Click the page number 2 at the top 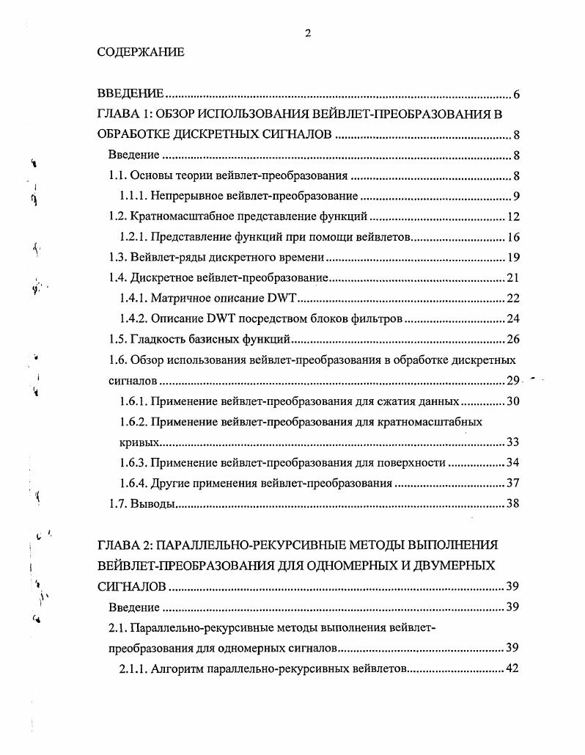pos(308,32)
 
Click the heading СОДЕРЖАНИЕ pos(141,54)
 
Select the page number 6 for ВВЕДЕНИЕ pos(516,95)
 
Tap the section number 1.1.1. pos(135,197)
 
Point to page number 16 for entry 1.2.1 pos(513,238)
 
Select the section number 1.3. pos(117,258)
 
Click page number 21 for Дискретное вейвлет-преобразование pos(513,279)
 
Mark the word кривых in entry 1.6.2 pos(139,442)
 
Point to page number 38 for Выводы pos(513,504)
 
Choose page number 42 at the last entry pos(513,669)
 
